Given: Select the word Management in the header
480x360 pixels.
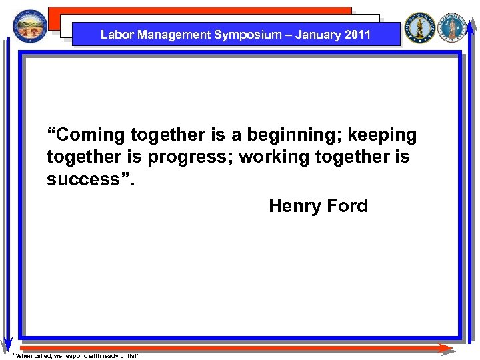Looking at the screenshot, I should point(169,35).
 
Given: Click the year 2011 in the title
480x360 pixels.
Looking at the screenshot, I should point(358,35).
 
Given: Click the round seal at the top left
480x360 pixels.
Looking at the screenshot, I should point(31,27).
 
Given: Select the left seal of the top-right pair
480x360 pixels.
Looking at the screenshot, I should point(420,28).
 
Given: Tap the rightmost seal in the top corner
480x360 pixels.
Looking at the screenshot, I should point(454,28).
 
